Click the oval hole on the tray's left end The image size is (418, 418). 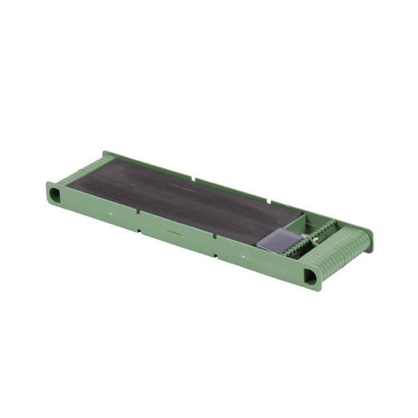[x=55, y=194]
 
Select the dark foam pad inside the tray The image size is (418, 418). [x=182, y=200]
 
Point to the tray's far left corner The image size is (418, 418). [x=105, y=153]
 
